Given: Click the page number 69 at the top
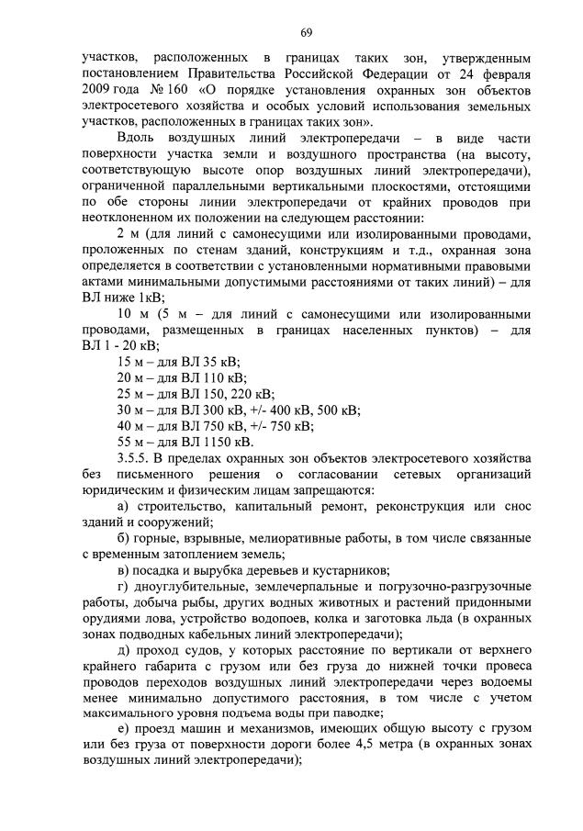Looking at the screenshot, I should pyautogui.click(x=307, y=34).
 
